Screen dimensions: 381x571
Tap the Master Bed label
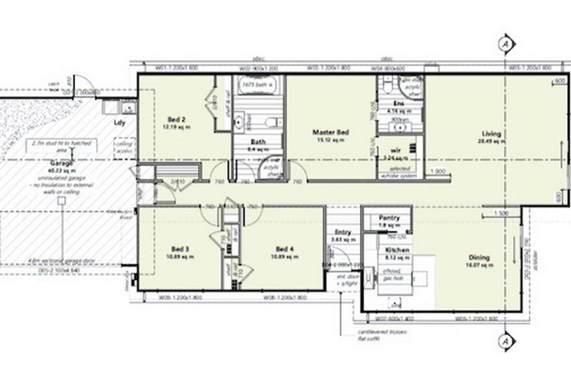click(331, 132)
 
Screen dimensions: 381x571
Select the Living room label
click(490, 134)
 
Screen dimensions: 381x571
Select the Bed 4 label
click(285, 249)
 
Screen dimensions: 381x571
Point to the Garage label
click(61, 161)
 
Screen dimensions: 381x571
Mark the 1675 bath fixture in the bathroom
click(257, 86)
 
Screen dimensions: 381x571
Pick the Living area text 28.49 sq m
click(490, 141)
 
